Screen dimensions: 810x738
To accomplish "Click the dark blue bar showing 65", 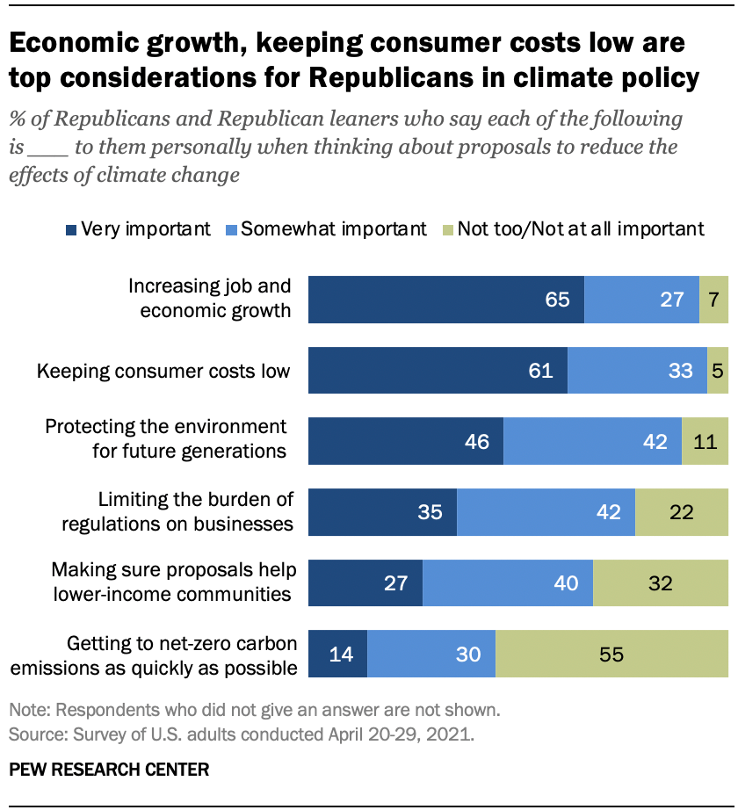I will [x=446, y=299].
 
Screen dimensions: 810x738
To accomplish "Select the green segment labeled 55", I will [x=611, y=655].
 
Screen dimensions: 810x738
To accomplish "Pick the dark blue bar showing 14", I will [x=337, y=655].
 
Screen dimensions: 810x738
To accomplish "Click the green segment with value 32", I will [x=661, y=583].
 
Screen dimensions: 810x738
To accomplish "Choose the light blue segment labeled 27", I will [x=641, y=299].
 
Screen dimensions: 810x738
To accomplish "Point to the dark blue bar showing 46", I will [x=406, y=441].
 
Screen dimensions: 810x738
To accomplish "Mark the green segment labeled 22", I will [x=682, y=512].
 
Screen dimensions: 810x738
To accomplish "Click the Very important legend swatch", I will [x=70, y=230].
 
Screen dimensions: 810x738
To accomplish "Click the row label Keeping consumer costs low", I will [x=163, y=371].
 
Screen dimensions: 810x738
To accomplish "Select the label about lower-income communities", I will [x=171, y=582].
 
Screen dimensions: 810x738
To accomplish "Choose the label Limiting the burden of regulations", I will [x=177, y=512].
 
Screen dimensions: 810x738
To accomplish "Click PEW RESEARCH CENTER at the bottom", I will [x=109, y=770].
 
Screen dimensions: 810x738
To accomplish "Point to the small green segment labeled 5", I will [x=718, y=370].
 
